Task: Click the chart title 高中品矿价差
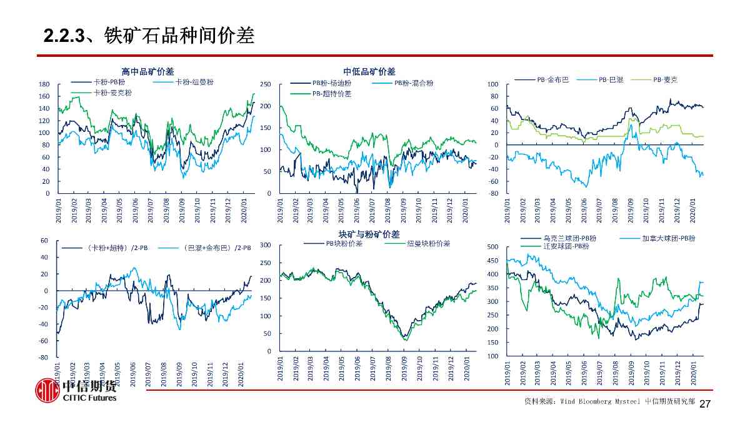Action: tap(147, 72)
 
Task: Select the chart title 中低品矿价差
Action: tap(369, 72)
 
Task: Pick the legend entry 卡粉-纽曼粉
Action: tap(194, 82)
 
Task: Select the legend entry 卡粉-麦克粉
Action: tap(112, 93)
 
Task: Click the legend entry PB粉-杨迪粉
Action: tap(331, 83)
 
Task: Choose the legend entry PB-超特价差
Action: tap(331, 93)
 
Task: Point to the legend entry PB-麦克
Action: tap(665, 79)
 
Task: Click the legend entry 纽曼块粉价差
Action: tap(428, 243)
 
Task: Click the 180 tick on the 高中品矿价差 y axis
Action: tap(44, 84)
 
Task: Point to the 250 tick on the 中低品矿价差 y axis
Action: tap(265, 84)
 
